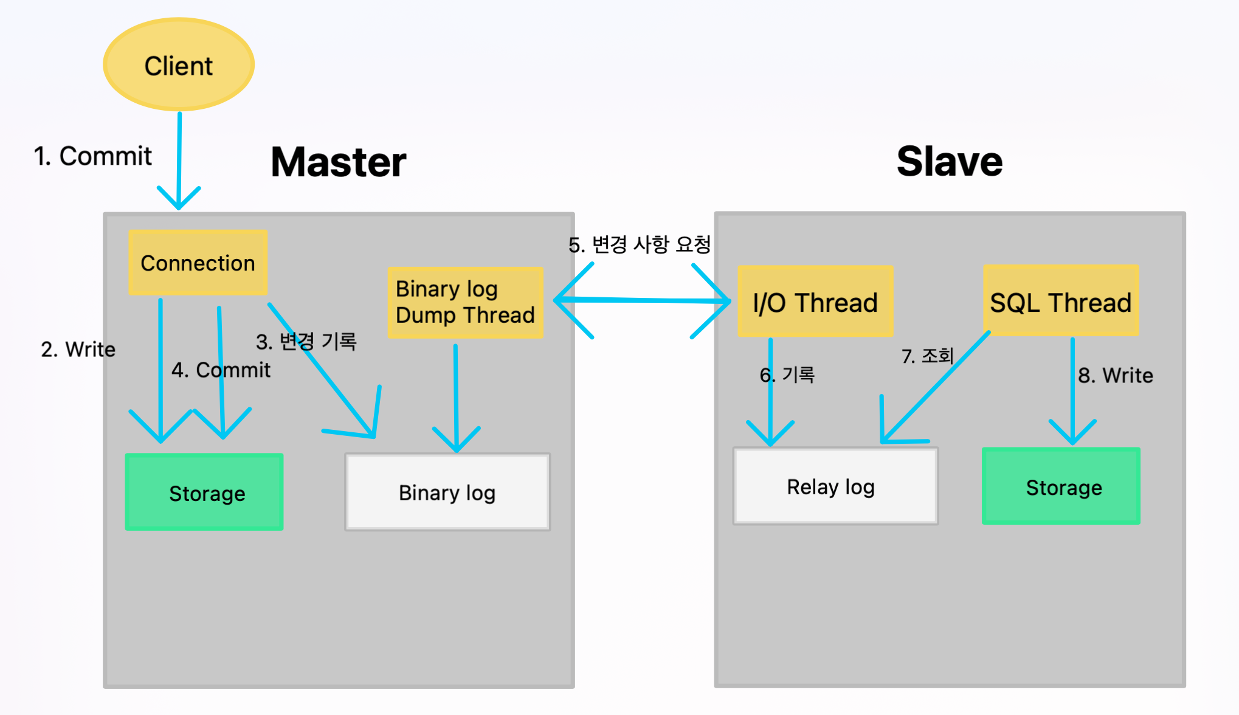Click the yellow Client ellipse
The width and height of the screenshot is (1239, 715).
(x=179, y=65)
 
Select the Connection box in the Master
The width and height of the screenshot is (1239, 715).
(x=198, y=263)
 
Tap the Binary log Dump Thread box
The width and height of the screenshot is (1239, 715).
(x=465, y=302)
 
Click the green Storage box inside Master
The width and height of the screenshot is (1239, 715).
(x=204, y=492)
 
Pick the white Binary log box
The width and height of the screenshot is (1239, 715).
(x=447, y=492)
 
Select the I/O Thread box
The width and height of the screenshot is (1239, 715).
(x=815, y=302)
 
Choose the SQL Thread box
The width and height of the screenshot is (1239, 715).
(x=1060, y=302)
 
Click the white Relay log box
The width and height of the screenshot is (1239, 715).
(x=835, y=486)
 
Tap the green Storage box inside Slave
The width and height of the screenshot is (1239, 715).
(x=1061, y=486)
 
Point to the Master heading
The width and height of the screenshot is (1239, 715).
(x=339, y=162)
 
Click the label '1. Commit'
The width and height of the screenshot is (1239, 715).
(x=92, y=156)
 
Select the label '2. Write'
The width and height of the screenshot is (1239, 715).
(x=78, y=350)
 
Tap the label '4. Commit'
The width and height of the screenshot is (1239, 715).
(x=221, y=370)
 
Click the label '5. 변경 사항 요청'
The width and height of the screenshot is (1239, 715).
(x=640, y=244)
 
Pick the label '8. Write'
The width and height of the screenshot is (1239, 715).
(x=1116, y=375)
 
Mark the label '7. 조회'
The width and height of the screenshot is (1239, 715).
(x=927, y=356)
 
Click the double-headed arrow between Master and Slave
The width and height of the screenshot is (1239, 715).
(x=642, y=300)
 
